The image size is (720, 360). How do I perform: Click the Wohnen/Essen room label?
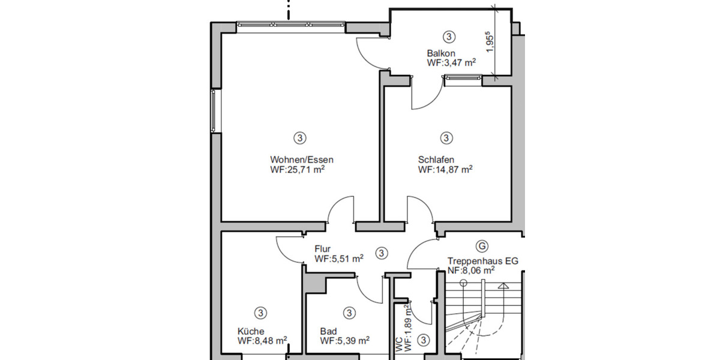pyautogui.click(x=301, y=160)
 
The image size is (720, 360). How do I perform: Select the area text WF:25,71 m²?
pyautogui.click(x=298, y=170)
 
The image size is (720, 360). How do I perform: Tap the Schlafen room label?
pyautogui.click(x=436, y=160)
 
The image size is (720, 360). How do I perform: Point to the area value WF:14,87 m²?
pyautogui.click(x=445, y=170)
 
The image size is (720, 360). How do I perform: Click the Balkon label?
pyautogui.click(x=441, y=52)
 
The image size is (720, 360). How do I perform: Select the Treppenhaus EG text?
pyautogui.click(x=482, y=261)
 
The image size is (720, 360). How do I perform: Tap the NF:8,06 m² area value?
pyautogui.click(x=471, y=271)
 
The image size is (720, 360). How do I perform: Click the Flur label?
pyautogui.click(x=323, y=249)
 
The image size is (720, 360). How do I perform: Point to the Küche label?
pyautogui.click(x=250, y=331)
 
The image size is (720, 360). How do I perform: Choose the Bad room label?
pyautogui.click(x=328, y=331)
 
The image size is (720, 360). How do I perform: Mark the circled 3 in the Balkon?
pyautogui.click(x=447, y=36)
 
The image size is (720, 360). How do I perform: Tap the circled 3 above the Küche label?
pyautogui.click(x=260, y=313)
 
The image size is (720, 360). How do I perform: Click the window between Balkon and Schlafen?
pyautogui.click(x=463, y=77)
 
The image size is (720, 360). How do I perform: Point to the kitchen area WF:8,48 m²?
pyautogui.click(x=262, y=341)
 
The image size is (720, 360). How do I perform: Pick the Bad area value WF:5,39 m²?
pyautogui.click(x=344, y=341)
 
